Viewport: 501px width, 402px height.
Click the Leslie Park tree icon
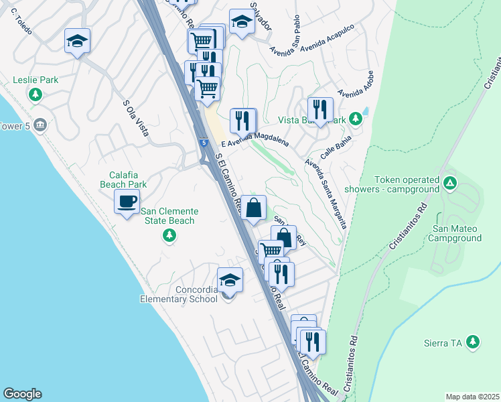tap(35, 95)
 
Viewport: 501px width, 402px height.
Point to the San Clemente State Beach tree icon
tap(169, 235)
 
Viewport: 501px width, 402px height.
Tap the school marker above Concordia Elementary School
tap(230, 280)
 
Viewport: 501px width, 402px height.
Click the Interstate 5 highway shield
tap(202, 143)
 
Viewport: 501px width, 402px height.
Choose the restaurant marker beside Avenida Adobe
tap(320, 110)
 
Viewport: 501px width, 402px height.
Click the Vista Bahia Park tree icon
tap(356, 119)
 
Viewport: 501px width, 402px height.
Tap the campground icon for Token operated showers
tap(450, 182)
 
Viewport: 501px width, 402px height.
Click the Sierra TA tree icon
tap(473, 342)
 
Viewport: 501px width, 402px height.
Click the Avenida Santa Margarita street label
tap(326, 193)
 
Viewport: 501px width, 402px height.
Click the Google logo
tap(22, 394)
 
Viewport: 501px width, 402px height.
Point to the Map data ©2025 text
tap(472, 397)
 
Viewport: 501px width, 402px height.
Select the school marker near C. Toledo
tap(77, 42)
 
